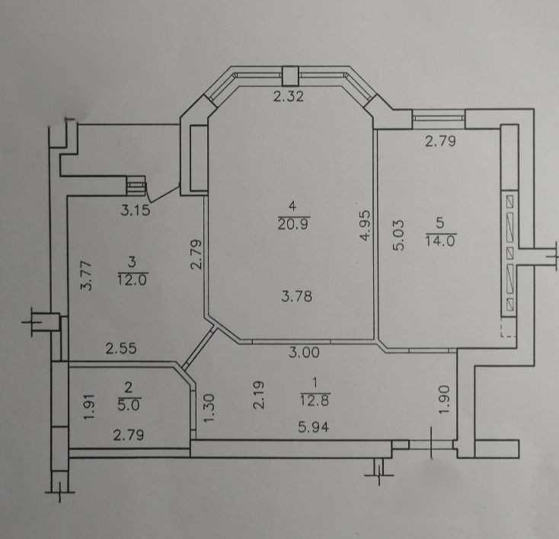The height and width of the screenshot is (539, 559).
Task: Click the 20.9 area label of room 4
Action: tap(293, 225)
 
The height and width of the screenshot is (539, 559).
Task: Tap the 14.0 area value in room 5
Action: tap(441, 241)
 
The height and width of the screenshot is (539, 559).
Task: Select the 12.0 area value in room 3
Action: tap(133, 279)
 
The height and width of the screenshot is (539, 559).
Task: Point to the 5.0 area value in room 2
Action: tap(129, 405)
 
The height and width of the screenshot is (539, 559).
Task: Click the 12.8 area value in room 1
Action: tap(315, 400)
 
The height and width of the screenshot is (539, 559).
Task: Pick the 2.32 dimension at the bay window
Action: tap(289, 96)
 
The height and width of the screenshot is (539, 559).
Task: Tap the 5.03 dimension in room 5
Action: tap(398, 235)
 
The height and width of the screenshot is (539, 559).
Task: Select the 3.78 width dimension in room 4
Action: tap(296, 296)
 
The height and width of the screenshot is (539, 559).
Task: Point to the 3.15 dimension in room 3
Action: tap(136, 210)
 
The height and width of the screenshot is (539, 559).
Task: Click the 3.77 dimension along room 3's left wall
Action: tap(86, 276)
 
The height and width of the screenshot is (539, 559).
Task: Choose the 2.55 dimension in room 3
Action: tap(121, 348)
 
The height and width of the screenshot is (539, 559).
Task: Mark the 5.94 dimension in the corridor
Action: tap(314, 426)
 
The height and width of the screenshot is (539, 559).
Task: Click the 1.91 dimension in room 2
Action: tap(89, 407)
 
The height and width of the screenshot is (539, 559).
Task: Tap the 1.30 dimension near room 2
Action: tap(209, 408)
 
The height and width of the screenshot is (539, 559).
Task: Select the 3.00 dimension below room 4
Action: tap(304, 352)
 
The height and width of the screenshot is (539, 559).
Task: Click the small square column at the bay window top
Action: tap(290, 76)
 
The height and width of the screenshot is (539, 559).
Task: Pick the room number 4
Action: tap(292, 206)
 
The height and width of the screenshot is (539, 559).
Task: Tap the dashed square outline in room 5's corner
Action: tap(509, 327)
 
